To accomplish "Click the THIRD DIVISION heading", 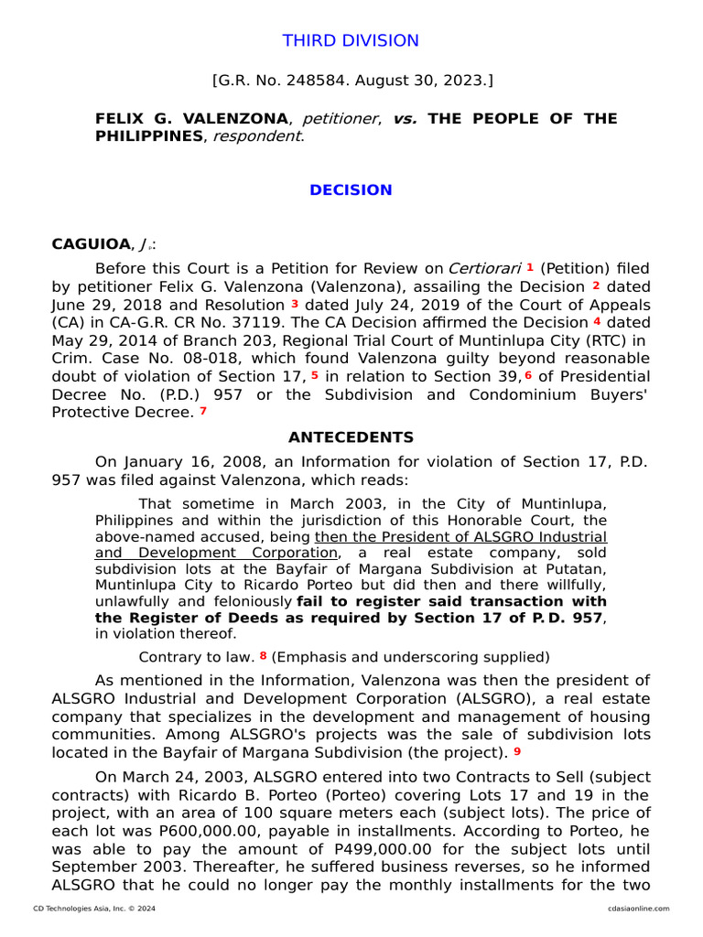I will [351, 41].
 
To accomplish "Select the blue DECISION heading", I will [351, 190].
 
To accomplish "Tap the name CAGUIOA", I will [91, 244].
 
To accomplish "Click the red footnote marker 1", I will [529, 266].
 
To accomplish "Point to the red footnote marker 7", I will [203, 411].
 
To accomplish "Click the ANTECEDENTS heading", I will [351, 438].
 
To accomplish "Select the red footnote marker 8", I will [264, 655].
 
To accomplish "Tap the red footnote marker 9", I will [517, 751].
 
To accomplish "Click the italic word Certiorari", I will [484, 269].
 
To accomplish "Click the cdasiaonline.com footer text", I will [638, 909].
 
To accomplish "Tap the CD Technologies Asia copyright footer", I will [82, 909].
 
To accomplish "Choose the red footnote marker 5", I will [314, 375].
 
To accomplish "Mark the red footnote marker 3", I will [295, 303].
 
